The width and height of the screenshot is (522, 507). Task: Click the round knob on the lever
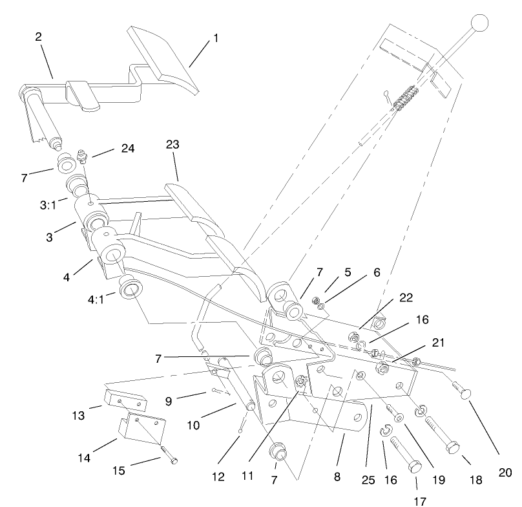(x=479, y=24)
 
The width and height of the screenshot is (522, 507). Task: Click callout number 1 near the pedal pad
(x=216, y=39)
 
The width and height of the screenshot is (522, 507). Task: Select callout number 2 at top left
(x=38, y=37)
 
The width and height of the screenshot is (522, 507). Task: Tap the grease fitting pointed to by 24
(x=82, y=156)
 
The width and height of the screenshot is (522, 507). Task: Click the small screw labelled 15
(x=169, y=457)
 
